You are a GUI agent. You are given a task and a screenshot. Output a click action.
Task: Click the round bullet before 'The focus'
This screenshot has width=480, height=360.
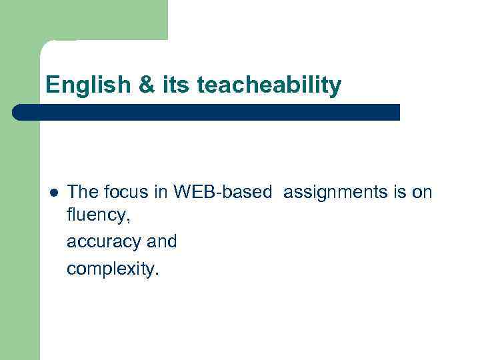coord(53,193)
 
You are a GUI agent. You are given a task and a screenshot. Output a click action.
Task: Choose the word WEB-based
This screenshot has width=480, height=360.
coord(222,193)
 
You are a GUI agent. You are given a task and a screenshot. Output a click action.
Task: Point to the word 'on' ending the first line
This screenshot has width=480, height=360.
coord(423,193)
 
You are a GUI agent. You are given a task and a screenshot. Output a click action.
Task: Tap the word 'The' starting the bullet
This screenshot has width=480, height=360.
coord(82,193)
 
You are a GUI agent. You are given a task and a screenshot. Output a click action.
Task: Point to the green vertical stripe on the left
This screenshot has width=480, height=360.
coord(20,233)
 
